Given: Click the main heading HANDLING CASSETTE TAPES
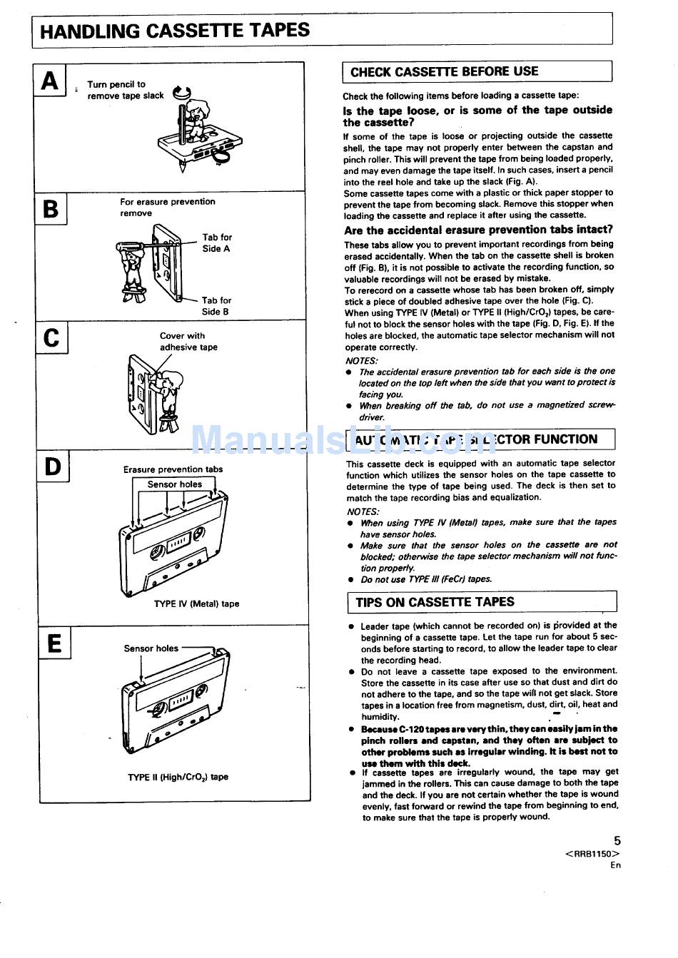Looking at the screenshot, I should click(x=175, y=31).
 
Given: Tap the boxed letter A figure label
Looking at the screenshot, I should click(x=50, y=81).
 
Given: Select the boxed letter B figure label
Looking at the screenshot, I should click(x=51, y=209).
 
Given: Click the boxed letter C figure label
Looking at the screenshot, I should click(x=51, y=337).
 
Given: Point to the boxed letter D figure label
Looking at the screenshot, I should click(x=53, y=467).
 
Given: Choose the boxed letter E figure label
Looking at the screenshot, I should click(x=54, y=643).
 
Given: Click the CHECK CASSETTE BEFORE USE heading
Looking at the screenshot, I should click(x=444, y=72).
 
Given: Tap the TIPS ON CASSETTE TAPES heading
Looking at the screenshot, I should click(x=435, y=602).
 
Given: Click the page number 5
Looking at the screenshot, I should click(x=617, y=841).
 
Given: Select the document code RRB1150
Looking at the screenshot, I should click(x=592, y=854).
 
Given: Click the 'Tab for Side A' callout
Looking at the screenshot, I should click(x=216, y=243).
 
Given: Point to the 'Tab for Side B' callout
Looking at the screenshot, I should click(x=216, y=306).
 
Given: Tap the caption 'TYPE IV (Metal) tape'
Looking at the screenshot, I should click(x=196, y=603).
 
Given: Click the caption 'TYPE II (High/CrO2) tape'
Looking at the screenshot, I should click(x=178, y=777).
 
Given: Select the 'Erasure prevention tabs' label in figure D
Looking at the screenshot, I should click(x=173, y=469).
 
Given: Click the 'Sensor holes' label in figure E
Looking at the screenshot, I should click(x=151, y=648).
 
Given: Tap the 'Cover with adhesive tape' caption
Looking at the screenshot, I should click(x=188, y=342).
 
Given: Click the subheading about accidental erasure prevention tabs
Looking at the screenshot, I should click(x=478, y=230).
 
